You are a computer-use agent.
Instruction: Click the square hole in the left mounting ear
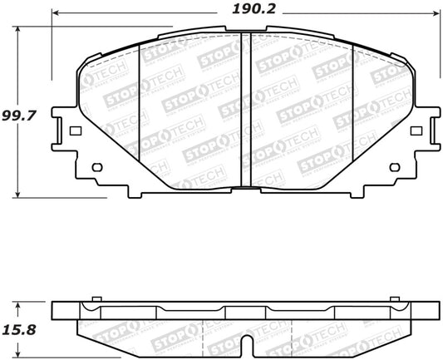point(75,131)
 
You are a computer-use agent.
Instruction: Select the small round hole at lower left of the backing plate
point(96,167)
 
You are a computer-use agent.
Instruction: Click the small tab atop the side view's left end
point(96,297)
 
